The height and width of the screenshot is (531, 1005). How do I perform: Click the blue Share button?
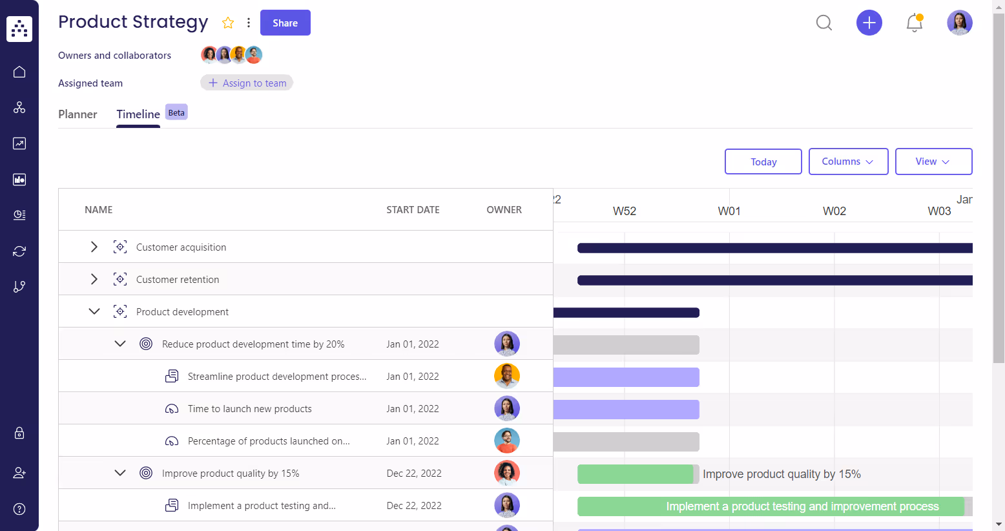(x=285, y=23)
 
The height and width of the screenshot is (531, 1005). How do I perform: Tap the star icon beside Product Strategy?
(x=228, y=23)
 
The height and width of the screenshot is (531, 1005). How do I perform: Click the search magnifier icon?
(x=824, y=23)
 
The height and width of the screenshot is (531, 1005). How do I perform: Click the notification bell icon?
(x=914, y=23)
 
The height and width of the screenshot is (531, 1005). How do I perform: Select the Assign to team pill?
(x=247, y=83)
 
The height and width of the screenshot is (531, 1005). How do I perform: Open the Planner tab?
(x=78, y=114)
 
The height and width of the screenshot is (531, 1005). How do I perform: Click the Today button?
(x=763, y=161)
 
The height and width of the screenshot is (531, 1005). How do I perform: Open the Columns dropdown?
(x=848, y=161)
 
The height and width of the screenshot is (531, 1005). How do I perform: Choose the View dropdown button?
(x=933, y=161)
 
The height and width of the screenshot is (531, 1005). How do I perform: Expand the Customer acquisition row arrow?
(x=94, y=247)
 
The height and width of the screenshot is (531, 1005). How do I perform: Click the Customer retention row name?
(x=178, y=280)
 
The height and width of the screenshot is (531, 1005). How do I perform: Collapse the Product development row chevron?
(x=94, y=311)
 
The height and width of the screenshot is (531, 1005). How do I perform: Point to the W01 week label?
(x=729, y=211)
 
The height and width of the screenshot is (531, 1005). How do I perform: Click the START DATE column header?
(x=413, y=210)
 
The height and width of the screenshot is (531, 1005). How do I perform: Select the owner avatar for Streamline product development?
(x=507, y=376)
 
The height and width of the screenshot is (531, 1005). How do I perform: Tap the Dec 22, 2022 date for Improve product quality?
(x=414, y=474)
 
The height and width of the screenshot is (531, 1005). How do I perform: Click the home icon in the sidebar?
(x=19, y=72)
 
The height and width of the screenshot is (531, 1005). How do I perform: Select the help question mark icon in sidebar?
(x=19, y=509)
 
